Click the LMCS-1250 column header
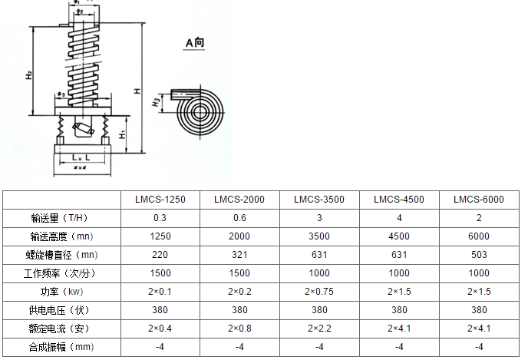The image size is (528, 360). click(x=160, y=200)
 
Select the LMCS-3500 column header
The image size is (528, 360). click(x=319, y=200)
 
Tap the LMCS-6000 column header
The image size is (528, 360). click(x=479, y=200)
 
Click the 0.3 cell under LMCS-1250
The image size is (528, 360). click(x=160, y=218)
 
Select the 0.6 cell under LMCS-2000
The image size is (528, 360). click(x=239, y=218)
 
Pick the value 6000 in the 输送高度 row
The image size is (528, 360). click(x=479, y=236)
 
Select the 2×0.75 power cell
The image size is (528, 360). click(x=319, y=292)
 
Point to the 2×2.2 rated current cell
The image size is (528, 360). click(x=319, y=329)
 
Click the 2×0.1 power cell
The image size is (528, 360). click(x=160, y=292)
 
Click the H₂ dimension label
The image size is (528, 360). click(x=28, y=75)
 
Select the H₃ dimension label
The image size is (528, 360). click(x=156, y=101)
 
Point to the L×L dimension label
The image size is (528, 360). click(x=81, y=157)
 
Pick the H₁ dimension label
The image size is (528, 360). click(x=124, y=134)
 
